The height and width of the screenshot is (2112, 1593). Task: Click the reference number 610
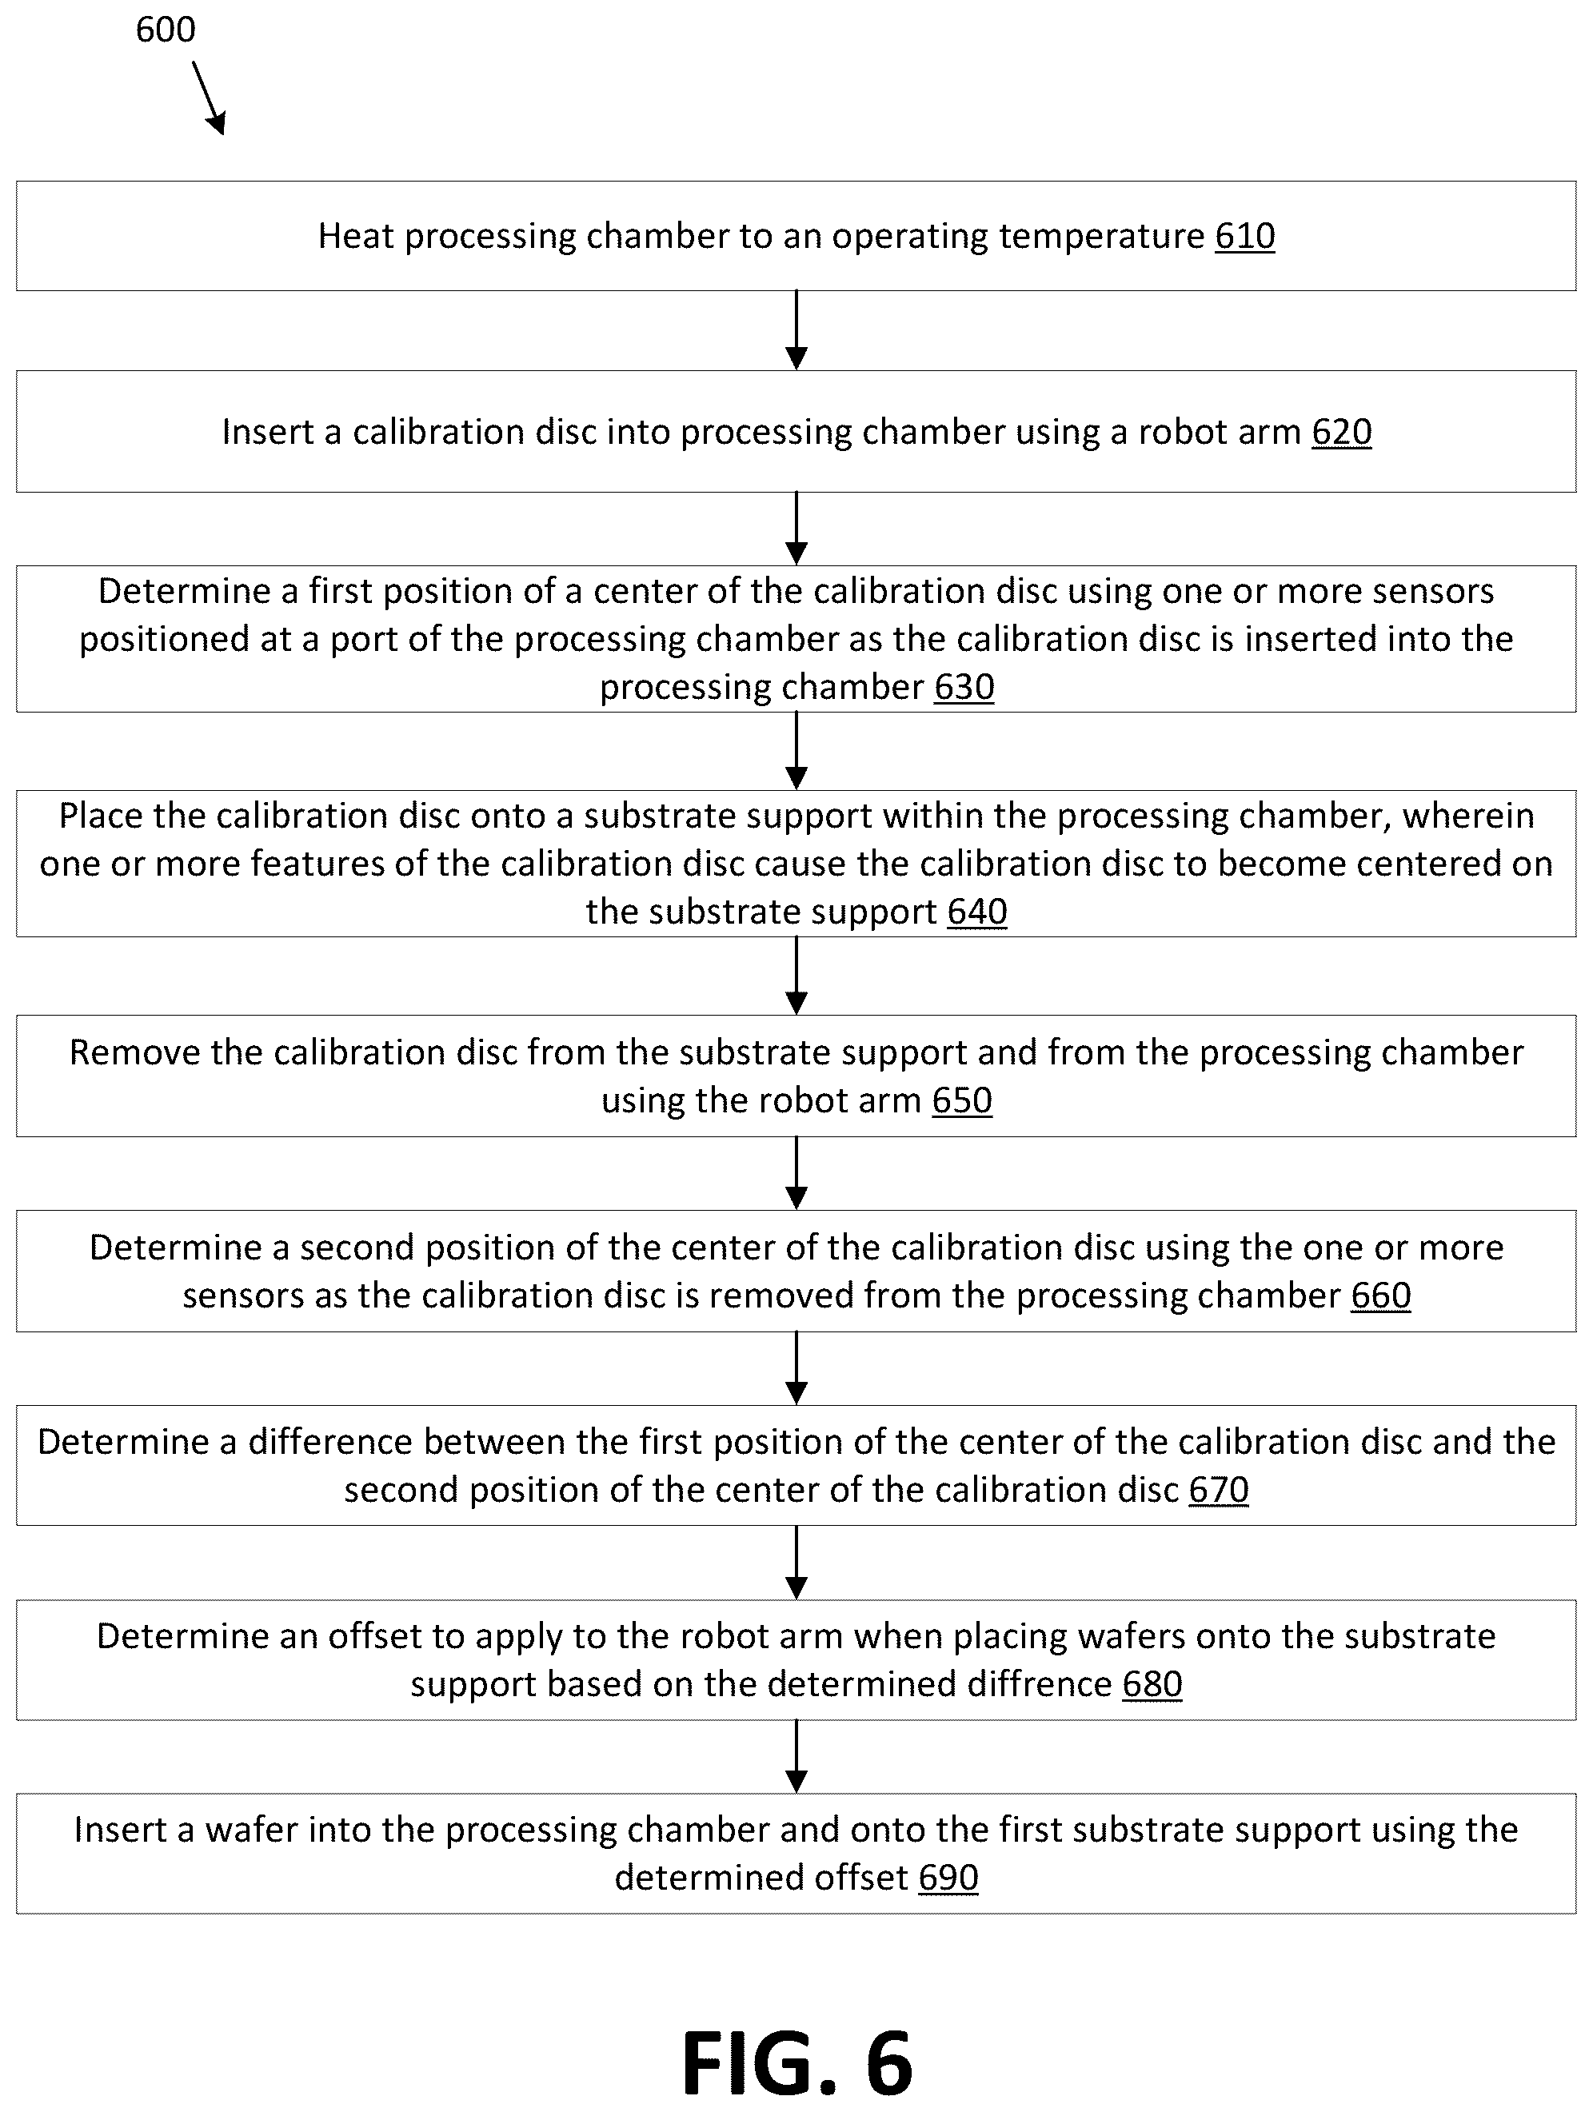[x=1244, y=236]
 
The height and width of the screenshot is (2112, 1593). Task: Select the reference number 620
[x=1342, y=432]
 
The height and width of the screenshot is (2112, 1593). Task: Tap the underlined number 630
[x=964, y=686]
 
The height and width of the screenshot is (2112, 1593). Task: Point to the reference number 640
[x=977, y=911]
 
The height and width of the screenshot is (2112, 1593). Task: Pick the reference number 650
[x=963, y=1100]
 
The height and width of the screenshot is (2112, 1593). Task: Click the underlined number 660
[x=1381, y=1295]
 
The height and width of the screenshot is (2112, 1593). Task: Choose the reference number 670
[x=1219, y=1490]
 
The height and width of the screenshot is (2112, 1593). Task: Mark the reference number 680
[x=1152, y=1683]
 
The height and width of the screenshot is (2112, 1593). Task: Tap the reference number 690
[x=948, y=1877]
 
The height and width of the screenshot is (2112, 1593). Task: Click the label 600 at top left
[x=166, y=30]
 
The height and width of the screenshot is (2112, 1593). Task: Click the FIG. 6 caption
[x=797, y=2063]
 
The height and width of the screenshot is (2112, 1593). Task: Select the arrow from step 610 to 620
[x=796, y=330]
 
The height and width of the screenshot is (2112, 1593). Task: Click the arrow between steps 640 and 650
[x=796, y=976]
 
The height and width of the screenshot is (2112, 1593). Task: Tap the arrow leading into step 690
[x=796, y=1757]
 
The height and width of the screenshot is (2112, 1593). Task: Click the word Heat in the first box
[x=356, y=236]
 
